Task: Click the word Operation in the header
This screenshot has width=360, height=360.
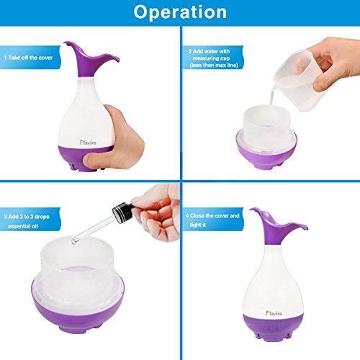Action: click(180, 12)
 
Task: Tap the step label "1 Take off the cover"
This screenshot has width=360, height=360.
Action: click(28, 58)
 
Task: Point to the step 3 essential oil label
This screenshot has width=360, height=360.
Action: click(27, 221)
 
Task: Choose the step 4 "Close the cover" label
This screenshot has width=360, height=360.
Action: click(212, 220)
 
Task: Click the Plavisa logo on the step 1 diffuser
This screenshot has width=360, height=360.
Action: click(88, 143)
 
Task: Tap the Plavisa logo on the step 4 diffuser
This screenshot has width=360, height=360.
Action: click(274, 313)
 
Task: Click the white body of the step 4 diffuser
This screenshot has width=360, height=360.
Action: click(272, 283)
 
